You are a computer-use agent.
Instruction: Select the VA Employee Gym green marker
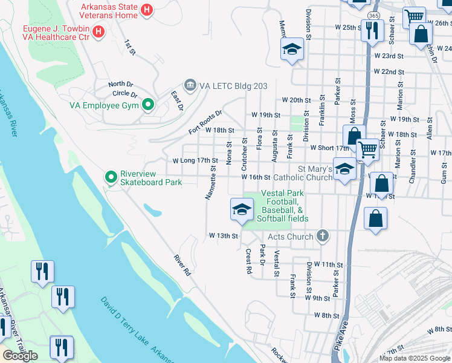[147, 105]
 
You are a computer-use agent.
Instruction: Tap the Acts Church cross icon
[323, 237]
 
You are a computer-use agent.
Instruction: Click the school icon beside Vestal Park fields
[241, 209]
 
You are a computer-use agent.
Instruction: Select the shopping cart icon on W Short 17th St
[367, 149]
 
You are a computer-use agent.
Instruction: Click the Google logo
[20, 356]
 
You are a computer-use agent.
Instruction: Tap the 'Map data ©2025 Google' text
[415, 358]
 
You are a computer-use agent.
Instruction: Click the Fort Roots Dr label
[205, 122]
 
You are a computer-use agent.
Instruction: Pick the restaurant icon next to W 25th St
[371, 30]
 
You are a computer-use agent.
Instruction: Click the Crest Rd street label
[248, 262]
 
